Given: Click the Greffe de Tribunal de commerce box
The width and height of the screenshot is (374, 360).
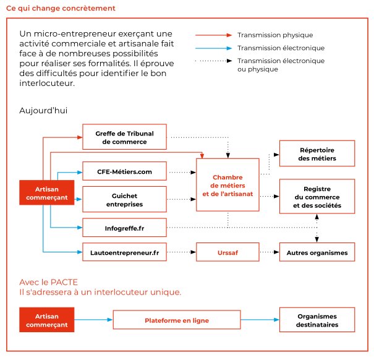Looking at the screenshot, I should [124, 137].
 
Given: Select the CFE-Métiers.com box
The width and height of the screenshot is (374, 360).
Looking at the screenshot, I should [124, 171].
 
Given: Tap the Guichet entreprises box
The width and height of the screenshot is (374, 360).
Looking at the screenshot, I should [124, 199].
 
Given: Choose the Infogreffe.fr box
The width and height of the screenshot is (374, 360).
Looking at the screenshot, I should [124, 228].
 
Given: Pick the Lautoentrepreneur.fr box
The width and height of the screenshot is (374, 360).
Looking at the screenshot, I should [124, 252].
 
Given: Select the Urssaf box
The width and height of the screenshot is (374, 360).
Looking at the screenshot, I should [227, 252].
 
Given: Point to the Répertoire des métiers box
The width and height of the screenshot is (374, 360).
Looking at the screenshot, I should [317, 153].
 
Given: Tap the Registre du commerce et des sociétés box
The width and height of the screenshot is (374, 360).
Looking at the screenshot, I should [317, 197].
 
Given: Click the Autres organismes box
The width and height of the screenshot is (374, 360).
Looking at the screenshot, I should [317, 252].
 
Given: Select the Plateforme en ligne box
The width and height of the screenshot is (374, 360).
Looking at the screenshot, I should [177, 320].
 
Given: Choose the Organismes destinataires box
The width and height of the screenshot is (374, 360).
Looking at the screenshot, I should [317, 320].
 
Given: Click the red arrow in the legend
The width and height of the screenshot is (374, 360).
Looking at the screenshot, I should [213, 35].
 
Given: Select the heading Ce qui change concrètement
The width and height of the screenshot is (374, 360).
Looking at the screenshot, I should [60, 9].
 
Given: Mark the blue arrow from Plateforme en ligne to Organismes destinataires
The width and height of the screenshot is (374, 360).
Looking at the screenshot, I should [260, 320].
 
